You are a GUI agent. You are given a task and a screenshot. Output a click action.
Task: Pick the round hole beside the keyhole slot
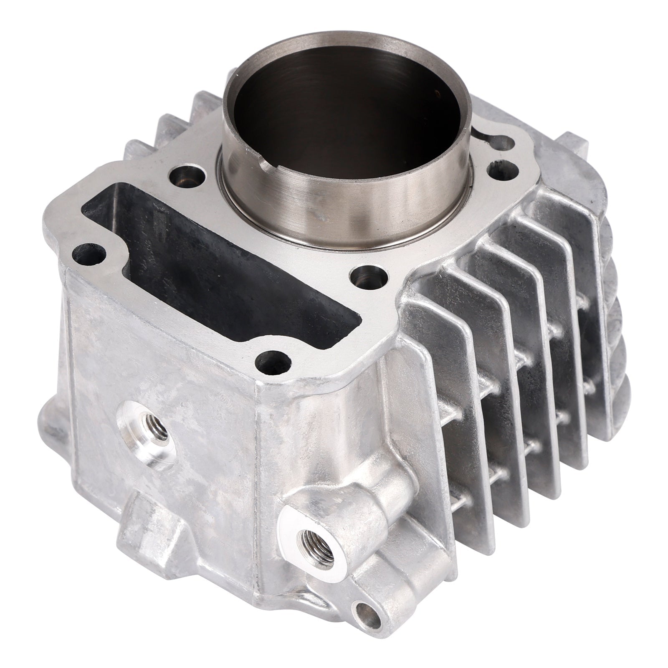pos(499,169)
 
